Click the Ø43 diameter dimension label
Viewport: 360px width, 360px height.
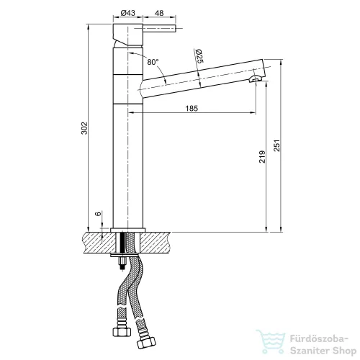pyautogui.click(x=128, y=13)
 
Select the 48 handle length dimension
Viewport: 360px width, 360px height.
pyautogui.click(x=159, y=13)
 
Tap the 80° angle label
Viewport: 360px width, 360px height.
pyautogui.click(x=153, y=62)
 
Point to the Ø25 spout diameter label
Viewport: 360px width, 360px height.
pyautogui.click(x=199, y=56)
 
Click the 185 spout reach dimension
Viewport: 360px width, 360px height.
pyautogui.click(x=192, y=109)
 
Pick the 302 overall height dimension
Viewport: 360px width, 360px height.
pyautogui.click(x=84, y=128)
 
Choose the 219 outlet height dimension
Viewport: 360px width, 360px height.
pyautogui.click(x=262, y=157)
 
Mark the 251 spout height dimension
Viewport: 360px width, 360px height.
pyautogui.click(x=276, y=145)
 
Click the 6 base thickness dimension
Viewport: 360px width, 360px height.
pyautogui.click(x=99, y=214)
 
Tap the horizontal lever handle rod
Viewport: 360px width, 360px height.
pyautogui.click(x=160, y=28)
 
